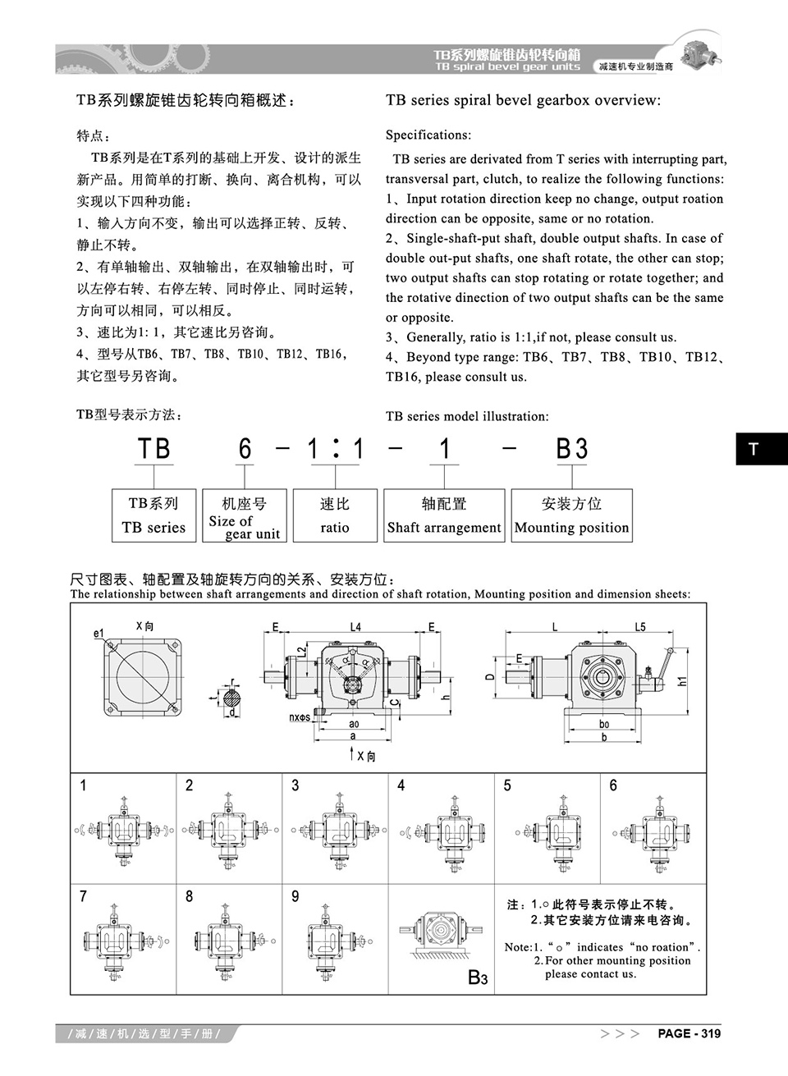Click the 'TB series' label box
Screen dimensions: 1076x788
click(153, 515)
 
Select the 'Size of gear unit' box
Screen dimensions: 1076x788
click(244, 515)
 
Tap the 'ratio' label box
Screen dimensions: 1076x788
click(335, 515)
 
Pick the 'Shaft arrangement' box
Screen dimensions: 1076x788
click(444, 515)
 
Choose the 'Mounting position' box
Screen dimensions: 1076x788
click(571, 515)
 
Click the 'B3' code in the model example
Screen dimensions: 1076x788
click(572, 449)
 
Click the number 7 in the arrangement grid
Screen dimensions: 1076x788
click(83, 896)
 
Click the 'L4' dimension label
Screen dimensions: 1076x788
click(355, 627)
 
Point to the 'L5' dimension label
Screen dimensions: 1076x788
click(640, 627)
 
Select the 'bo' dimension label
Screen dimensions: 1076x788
click(604, 724)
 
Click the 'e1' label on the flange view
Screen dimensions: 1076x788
click(99, 633)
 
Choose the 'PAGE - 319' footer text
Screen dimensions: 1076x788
click(689, 1033)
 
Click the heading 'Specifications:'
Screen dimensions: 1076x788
click(428, 135)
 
